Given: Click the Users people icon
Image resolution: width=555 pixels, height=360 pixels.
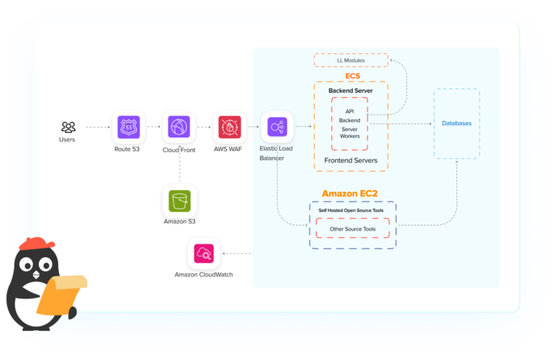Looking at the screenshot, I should [x=69, y=127].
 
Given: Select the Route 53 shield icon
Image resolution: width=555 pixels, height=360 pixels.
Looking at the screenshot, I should [x=129, y=127].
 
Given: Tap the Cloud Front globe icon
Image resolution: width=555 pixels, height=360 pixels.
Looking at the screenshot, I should [x=178, y=127].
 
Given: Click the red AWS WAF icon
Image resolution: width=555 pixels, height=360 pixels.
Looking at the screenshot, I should [x=229, y=127].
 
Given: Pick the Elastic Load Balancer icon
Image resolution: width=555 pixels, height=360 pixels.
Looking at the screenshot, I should [x=277, y=127].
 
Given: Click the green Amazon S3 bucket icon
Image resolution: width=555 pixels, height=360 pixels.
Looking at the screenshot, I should [x=179, y=200].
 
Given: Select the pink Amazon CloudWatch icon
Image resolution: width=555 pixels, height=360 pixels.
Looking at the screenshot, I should [x=204, y=254].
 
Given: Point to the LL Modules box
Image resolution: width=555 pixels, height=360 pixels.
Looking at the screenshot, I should [x=350, y=61].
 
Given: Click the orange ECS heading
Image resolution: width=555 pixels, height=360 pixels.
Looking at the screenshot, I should [x=352, y=76].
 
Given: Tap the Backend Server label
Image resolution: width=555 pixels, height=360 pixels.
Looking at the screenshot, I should [x=350, y=91].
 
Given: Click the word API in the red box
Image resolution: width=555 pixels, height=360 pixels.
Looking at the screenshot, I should [x=350, y=111].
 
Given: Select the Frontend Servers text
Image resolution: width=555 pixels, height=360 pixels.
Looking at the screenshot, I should [x=350, y=161].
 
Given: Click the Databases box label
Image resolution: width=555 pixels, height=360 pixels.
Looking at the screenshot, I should [x=456, y=123].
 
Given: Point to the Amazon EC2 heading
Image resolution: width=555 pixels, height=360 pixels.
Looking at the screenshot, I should [x=353, y=193].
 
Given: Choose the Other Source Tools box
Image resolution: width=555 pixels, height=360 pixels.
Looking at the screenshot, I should [x=352, y=230].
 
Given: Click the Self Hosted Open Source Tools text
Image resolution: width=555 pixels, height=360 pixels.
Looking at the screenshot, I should [x=352, y=210].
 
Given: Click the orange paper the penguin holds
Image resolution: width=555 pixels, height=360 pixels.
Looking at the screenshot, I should [x=66, y=292].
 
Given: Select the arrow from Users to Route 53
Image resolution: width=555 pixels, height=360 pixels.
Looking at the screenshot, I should [x=97, y=127].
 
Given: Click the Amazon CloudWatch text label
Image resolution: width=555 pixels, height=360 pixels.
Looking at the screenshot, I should [x=204, y=274].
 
